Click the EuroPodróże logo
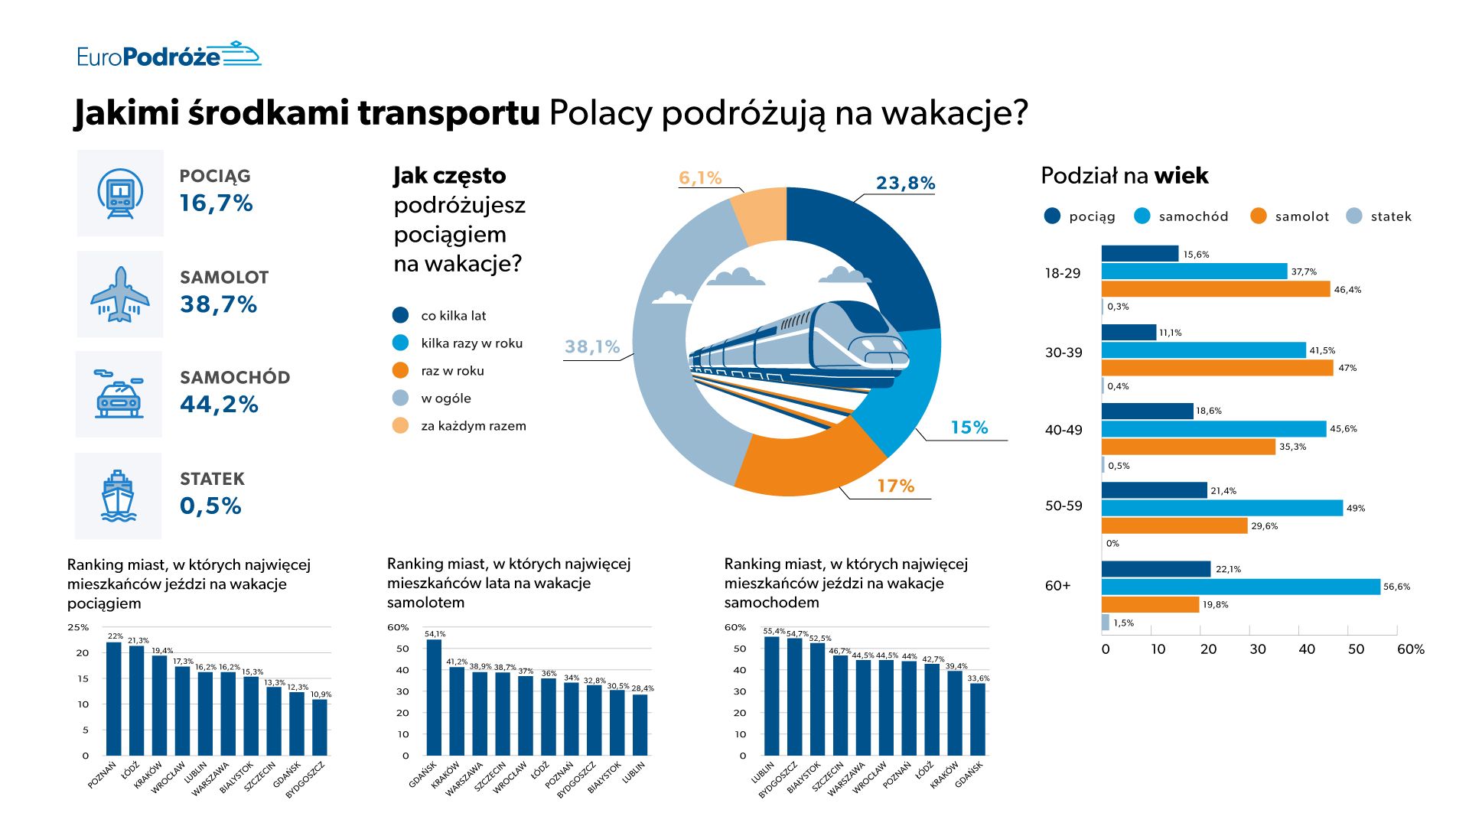[168, 56]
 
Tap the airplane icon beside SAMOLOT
[120, 294]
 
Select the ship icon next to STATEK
[118, 496]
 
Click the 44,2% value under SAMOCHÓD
[219, 405]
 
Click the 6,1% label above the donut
[700, 178]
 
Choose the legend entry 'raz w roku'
[452, 371]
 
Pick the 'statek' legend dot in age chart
[1354, 216]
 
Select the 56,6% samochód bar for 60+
[1240, 587]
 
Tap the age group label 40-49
[1063, 430]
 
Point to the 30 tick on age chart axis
[1257, 649]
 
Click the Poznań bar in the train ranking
[113, 699]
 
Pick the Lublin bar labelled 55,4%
[771, 696]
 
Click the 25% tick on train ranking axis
[78, 627]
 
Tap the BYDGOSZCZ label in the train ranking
[305, 780]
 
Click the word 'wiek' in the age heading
[1181, 176]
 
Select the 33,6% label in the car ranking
[978, 678]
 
